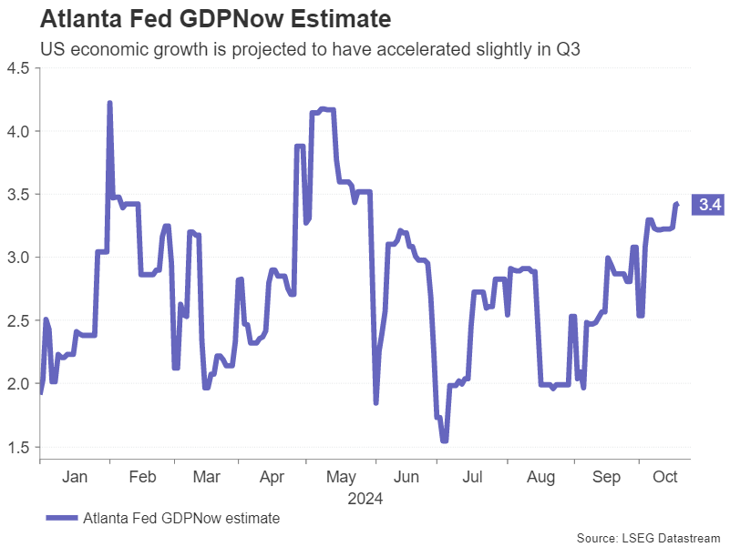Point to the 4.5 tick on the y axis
[x=17, y=68]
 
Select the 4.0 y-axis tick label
[x=17, y=131]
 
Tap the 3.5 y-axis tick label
[x=17, y=195]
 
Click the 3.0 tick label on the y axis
[x=17, y=258]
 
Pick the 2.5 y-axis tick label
[x=17, y=320]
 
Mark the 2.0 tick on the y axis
[x=17, y=384]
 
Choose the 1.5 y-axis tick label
[x=17, y=447]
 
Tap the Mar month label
[x=207, y=477]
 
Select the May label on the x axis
[x=340, y=477]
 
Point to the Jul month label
[x=472, y=477]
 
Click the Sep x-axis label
[x=606, y=477]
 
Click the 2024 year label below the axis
[x=365, y=499]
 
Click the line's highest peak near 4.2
[x=110, y=104]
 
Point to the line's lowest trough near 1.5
[x=444, y=441]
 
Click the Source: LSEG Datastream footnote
[x=649, y=537]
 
